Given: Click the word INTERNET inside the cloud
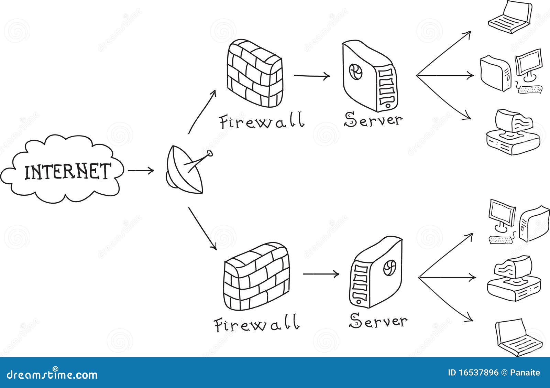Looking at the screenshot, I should click(67, 171).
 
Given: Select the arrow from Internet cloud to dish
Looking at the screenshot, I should click(141, 170).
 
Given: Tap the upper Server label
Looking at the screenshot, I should click(373, 119).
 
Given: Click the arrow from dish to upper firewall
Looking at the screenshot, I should click(202, 111).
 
